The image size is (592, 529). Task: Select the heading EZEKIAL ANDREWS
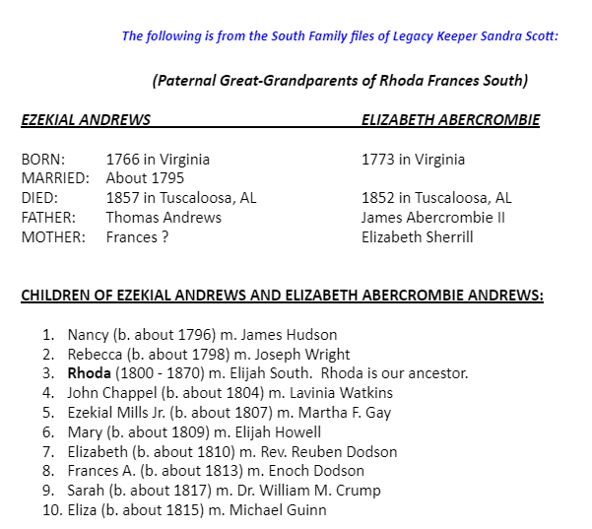tap(86, 120)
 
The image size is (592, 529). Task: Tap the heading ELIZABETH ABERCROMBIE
tap(450, 120)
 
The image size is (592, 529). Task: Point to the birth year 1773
tap(379, 160)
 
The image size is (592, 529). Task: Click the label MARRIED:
tap(55, 178)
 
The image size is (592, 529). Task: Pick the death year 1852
tap(379, 198)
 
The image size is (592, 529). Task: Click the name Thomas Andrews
tap(164, 217)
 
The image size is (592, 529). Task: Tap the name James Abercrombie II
tap(432, 217)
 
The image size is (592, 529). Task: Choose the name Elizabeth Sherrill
tap(418, 236)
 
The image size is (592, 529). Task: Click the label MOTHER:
tap(53, 236)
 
